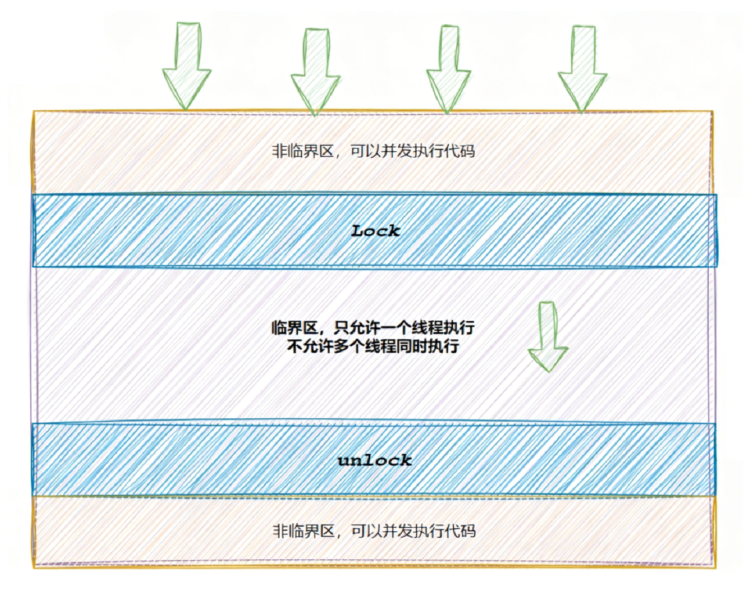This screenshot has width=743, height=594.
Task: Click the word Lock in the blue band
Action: [x=376, y=231]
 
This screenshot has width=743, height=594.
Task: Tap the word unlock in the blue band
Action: [x=375, y=461]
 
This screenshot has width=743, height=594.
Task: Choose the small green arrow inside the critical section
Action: [x=547, y=336]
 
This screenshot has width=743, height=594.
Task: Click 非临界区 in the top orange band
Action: [x=303, y=151]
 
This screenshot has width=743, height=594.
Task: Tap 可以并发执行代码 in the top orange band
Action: [x=413, y=151]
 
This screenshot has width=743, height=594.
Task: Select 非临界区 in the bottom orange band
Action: [x=304, y=531]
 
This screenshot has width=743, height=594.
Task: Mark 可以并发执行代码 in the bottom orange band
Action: [x=413, y=531]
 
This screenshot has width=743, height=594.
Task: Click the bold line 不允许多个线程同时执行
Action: [x=373, y=347]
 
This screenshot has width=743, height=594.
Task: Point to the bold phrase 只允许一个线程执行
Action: [x=404, y=328]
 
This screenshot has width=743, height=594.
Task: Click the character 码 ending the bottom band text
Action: [x=468, y=531]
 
